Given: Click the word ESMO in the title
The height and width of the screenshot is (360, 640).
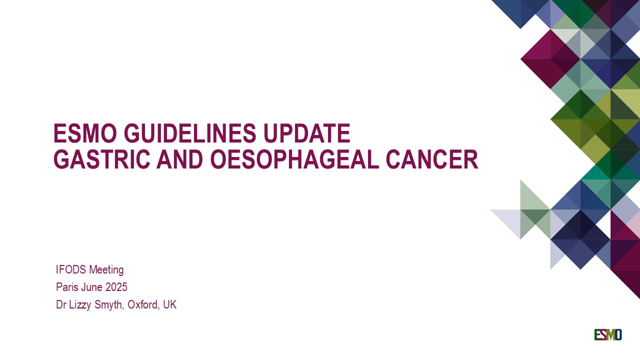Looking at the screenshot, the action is point(85,133).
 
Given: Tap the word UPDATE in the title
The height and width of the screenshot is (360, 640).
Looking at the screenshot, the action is point(307,133).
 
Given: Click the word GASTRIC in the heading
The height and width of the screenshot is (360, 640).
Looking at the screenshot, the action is point(101,159).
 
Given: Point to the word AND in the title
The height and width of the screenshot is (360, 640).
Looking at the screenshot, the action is point(179,159).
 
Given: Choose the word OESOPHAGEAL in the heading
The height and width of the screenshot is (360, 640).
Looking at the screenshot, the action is point(294,159).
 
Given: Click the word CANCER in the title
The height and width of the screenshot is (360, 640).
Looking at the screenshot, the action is point(432,159).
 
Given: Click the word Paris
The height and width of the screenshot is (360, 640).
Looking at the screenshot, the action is point(67,287).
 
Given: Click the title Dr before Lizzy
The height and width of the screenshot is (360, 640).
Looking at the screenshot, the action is point(61,305).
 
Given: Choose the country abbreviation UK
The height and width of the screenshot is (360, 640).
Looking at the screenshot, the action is point(169,305).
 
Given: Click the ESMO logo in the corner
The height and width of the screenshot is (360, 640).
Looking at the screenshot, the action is point(608,334).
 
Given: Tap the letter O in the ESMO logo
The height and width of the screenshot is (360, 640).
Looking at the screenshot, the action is point(618,334).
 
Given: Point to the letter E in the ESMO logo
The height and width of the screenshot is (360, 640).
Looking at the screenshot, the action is point(597,334).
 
